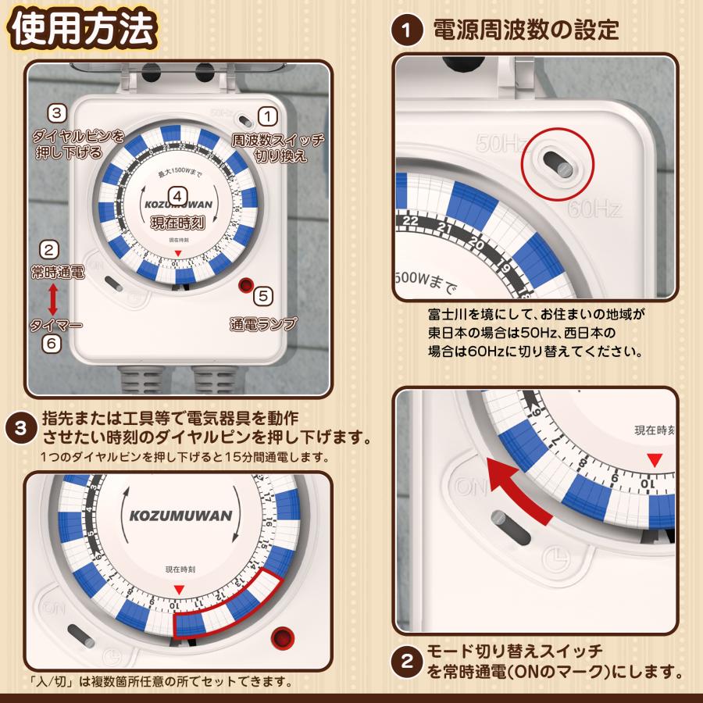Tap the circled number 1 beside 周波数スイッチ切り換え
pos(267,118)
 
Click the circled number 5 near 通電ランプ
pos(264,296)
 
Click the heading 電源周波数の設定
pos(526,31)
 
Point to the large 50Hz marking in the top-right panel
pos(500,144)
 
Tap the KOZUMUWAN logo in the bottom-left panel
pos(176,516)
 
